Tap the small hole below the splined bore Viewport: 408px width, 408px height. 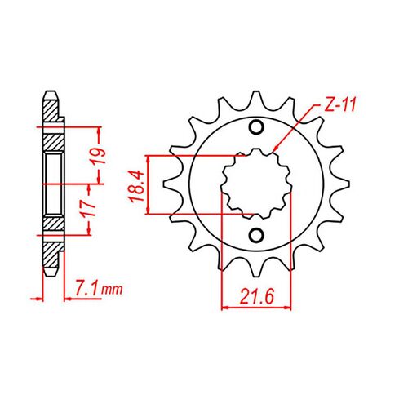tap(255, 236)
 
